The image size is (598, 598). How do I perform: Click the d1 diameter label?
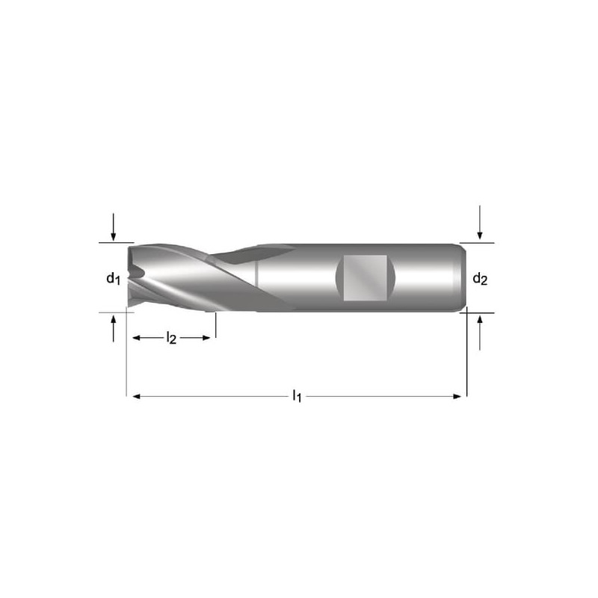(x=114, y=278)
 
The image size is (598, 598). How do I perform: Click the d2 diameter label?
(x=480, y=279)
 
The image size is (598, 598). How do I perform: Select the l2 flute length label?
(x=171, y=338)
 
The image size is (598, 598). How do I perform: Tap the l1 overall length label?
(x=297, y=396)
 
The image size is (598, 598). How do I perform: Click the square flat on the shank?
(x=366, y=277)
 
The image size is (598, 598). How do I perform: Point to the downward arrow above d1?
(x=114, y=227)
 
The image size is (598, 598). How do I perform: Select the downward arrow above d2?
(x=480, y=223)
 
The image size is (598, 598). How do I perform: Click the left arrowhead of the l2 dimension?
(x=136, y=338)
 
